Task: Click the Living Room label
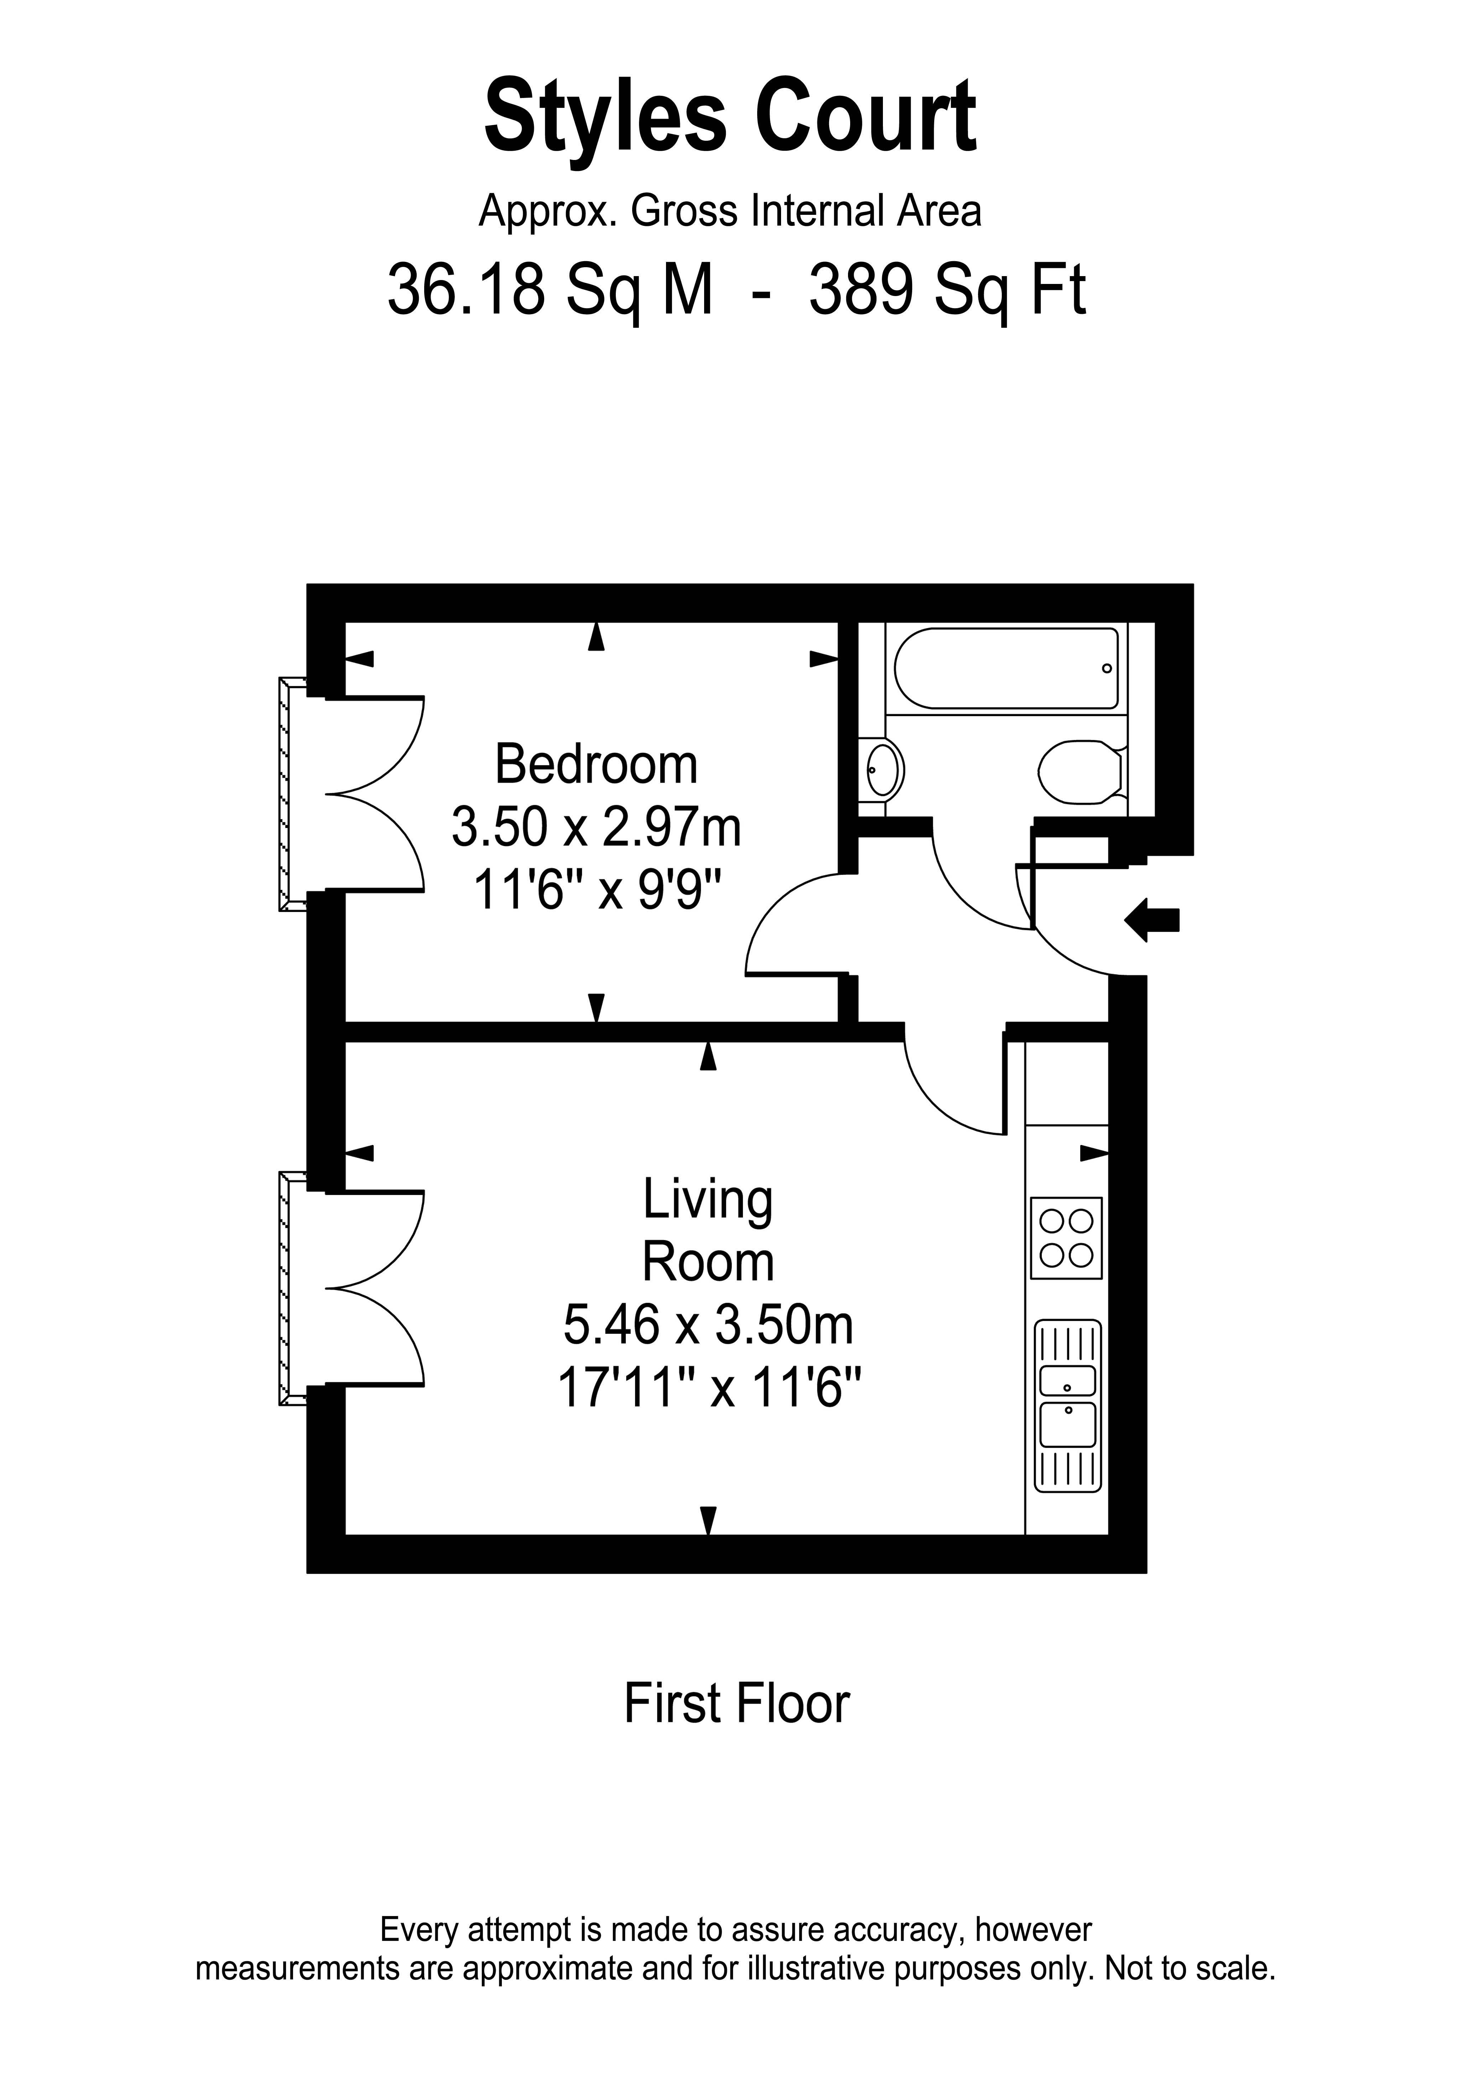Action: click(x=708, y=1230)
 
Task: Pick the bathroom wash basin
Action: click(x=882, y=770)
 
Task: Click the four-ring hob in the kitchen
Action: click(x=1066, y=1237)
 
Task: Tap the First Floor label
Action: click(x=736, y=1704)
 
